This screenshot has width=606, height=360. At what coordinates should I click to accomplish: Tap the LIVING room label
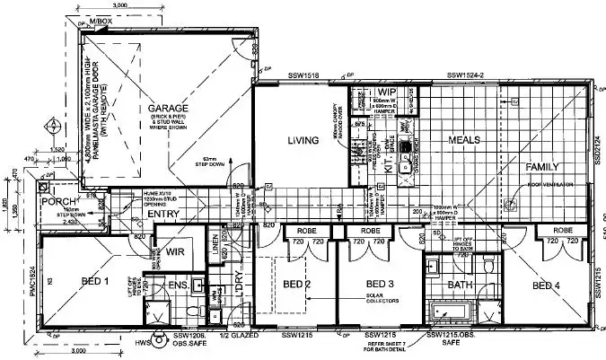[x=304, y=141]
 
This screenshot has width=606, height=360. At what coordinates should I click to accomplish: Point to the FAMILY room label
[x=542, y=167]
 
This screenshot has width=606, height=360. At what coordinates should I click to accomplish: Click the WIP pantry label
[x=387, y=92]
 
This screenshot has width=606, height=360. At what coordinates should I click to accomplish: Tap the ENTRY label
[x=163, y=214]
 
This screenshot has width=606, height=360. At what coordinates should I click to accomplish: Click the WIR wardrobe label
[x=175, y=252]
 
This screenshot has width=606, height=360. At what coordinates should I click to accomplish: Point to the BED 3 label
[x=382, y=285]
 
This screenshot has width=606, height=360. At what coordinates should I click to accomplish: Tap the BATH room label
[x=460, y=285]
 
